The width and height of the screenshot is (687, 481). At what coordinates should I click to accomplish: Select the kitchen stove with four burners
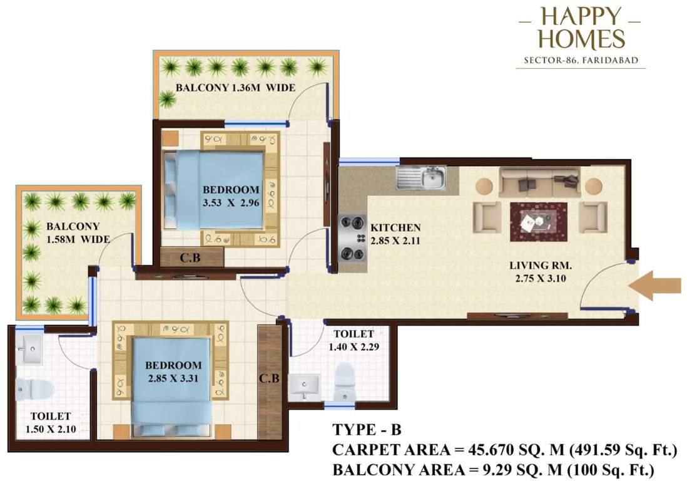pos(351,237)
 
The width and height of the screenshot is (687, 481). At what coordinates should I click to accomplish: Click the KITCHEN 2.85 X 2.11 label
pos(395,234)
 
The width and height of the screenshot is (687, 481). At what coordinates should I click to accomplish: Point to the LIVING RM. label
pos(537,271)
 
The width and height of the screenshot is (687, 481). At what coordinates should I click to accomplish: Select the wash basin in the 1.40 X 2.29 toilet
pos(305,385)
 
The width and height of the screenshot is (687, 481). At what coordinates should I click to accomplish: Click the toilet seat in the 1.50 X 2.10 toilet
pos(28,390)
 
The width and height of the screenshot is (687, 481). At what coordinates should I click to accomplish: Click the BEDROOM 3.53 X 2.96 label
pos(231,195)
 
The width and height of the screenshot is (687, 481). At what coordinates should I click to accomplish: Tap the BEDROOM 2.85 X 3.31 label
pos(173,371)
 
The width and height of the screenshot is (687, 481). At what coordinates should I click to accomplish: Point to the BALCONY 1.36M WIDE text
pos(235,88)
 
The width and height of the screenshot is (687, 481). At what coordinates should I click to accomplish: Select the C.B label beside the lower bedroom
pos(270,378)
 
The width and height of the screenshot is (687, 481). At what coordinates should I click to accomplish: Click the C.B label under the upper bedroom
pos(190,257)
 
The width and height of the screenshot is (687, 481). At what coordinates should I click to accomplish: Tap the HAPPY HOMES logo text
pos(581,28)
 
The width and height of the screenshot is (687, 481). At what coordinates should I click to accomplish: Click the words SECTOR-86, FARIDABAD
pos(581,61)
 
